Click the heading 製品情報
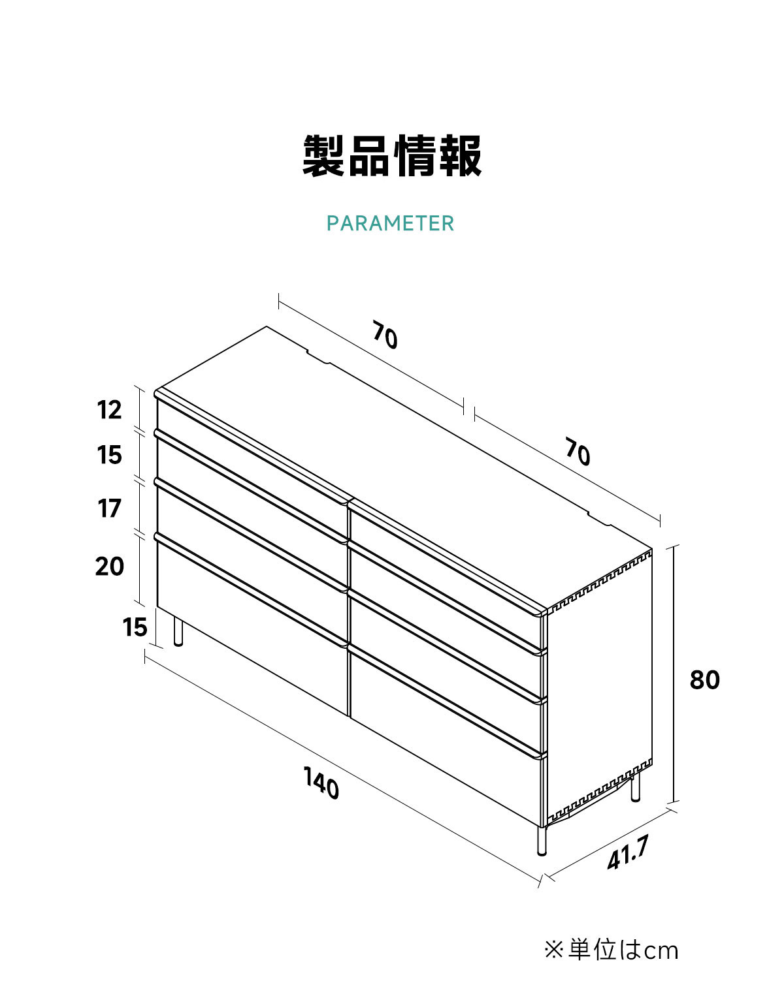coord(392,156)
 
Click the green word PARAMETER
coord(390,223)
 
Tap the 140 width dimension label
coord(321,783)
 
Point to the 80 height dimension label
coord(704,680)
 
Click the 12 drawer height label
coord(109,410)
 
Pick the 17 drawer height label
coord(109,508)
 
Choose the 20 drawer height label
coord(109,566)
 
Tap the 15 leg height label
coord(135,627)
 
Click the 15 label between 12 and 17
coord(109,455)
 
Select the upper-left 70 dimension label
coord(384,334)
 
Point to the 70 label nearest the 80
coord(578,452)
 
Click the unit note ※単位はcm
coord(611,950)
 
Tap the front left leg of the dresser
coord(178,631)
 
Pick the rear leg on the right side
coord(635,787)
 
